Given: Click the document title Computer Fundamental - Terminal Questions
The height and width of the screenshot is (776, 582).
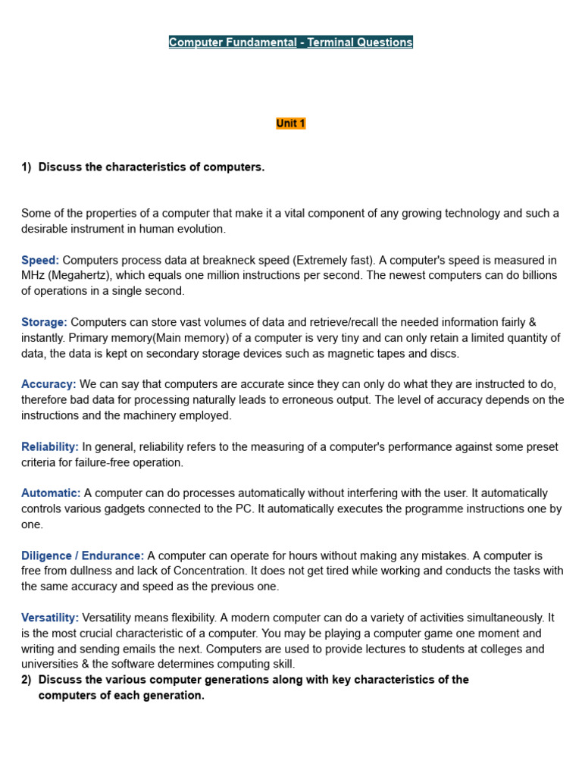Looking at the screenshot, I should [291, 42].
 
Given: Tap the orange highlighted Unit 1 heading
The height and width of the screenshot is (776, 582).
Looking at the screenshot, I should [291, 124].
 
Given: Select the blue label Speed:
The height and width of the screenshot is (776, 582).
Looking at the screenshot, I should [40, 260].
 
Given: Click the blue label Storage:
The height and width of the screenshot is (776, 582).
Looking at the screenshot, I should [44, 322].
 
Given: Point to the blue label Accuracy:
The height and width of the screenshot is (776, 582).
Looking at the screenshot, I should [48, 384].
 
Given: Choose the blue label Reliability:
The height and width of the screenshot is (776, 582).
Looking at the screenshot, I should [50, 446].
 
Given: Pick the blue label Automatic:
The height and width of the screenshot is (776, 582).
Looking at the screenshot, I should [51, 493].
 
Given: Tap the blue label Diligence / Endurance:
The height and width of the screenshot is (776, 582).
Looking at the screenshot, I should [83, 555].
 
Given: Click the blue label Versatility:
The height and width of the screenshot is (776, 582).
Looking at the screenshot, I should [50, 618].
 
